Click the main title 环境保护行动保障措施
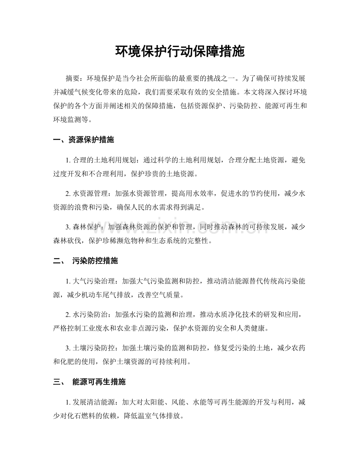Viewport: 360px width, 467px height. tap(180, 51)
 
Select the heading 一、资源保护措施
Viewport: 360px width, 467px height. tap(83, 140)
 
